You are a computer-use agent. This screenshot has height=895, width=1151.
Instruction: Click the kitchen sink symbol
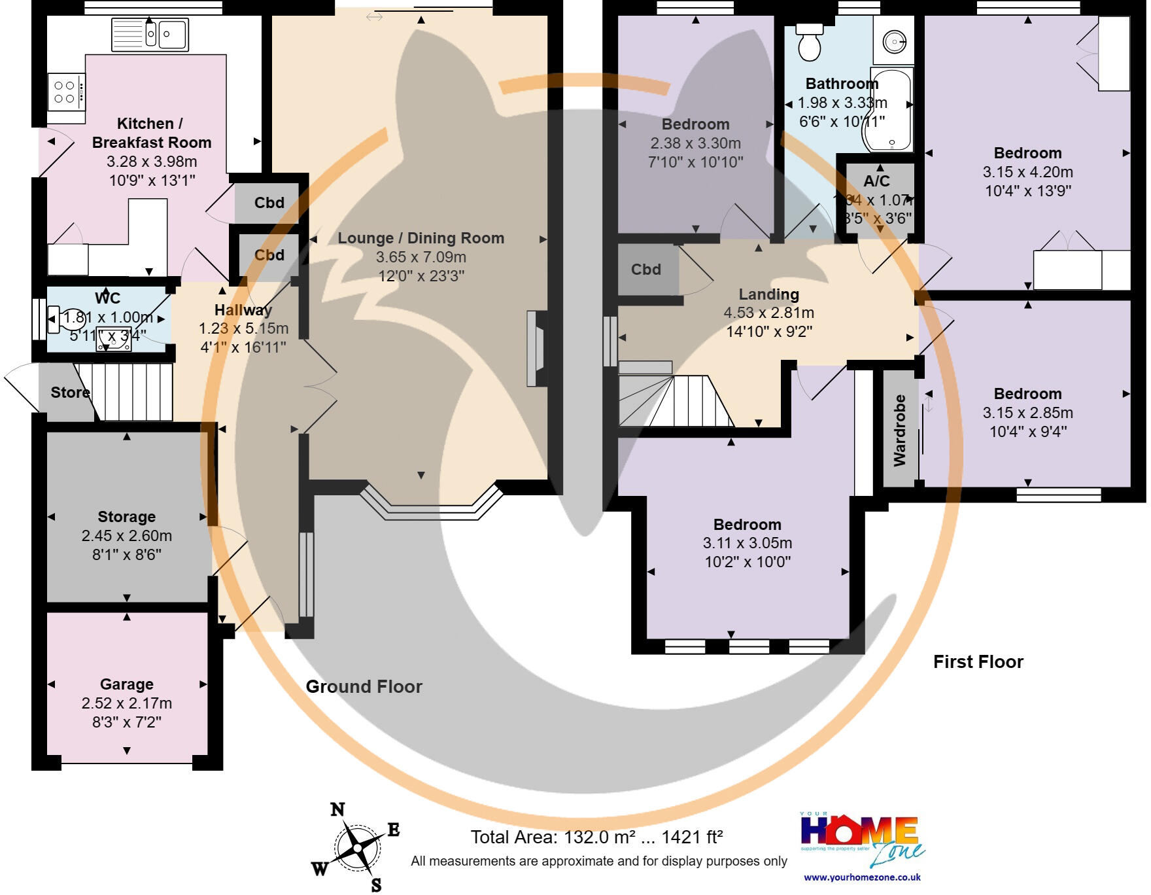[x=150, y=34]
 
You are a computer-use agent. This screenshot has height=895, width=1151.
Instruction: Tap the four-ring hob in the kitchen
[x=65, y=92]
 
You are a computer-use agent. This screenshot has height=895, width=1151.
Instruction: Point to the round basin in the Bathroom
[x=894, y=41]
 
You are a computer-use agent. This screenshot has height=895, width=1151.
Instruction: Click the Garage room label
[x=126, y=684]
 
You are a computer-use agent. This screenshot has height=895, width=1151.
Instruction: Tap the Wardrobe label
[x=900, y=430]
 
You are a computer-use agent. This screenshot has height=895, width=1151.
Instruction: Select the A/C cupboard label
[x=876, y=181]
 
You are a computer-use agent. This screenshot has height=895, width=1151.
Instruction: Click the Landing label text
[x=768, y=294]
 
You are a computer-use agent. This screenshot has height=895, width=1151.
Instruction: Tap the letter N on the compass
[x=337, y=810]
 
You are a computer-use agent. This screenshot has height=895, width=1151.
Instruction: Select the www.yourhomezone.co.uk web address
[x=862, y=878]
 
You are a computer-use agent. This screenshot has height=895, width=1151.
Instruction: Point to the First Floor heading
[x=978, y=662]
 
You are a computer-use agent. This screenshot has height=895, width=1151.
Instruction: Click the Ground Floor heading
[x=364, y=687]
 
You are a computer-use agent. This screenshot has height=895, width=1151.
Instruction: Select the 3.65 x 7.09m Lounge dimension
[x=421, y=257]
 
